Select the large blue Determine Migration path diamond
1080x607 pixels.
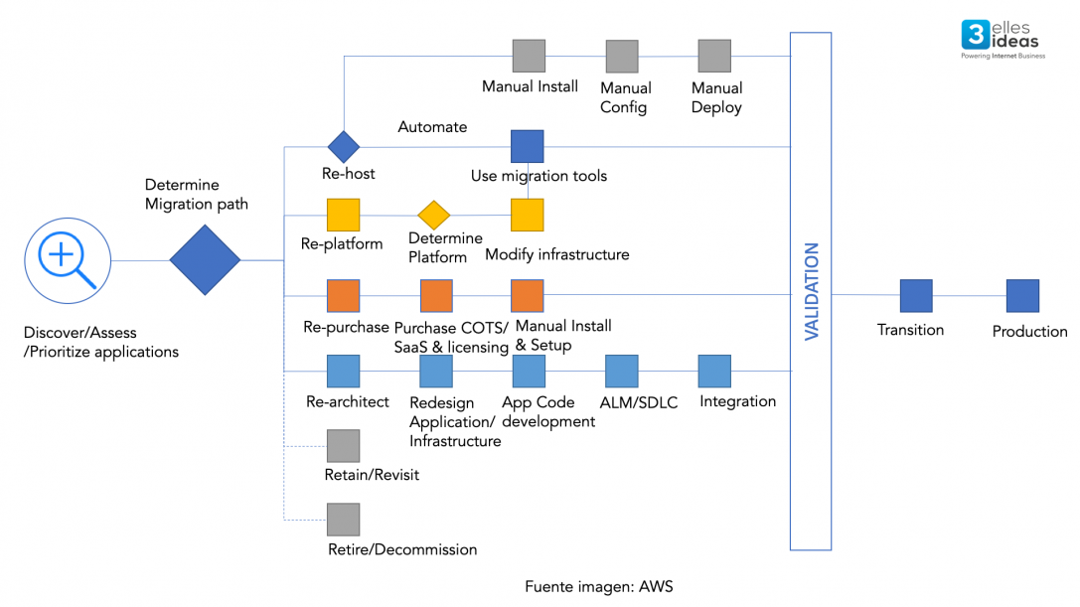(x=205, y=260)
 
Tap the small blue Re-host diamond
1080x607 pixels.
(x=343, y=147)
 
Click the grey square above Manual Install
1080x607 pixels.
(x=529, y=56)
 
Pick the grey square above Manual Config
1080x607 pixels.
(x=622, y=57)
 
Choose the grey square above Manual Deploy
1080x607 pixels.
(x=714, y=56)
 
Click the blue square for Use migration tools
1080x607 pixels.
(x=527, y=146)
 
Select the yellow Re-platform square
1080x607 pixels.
(x=343, y=215)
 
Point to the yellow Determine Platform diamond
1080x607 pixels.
(x=434, y=215)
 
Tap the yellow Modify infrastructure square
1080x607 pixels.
(x=527, y=215)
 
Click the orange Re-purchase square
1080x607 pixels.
(x=343, y=295)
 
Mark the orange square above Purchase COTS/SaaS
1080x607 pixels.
(x=436, y=295)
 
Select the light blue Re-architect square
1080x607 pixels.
(x=343, y=372)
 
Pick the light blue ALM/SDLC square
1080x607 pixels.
(x=622, y=372)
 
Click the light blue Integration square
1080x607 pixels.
(x=714, y=372)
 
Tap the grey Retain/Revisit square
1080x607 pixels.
(x=343, y=446)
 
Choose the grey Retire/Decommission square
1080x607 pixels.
(x=343, y=520)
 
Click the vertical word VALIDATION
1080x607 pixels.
(x=812, y=291)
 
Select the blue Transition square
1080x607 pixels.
(x=916, y=296)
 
